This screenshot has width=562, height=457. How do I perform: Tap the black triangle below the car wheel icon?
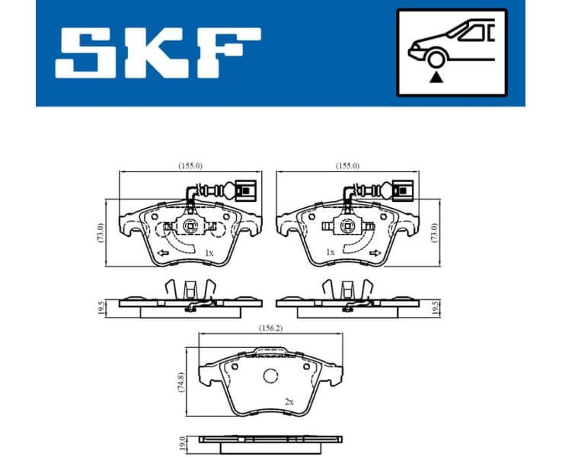point(436,77)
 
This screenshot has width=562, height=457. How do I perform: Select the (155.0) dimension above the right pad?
point(346,165)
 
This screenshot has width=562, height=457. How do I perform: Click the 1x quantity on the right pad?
point(329,251)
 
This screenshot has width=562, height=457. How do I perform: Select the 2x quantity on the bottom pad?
point(290,401)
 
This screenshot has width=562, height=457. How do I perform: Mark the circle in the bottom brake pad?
point(270,376)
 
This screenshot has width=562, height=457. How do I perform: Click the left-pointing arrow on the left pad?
point(161,254)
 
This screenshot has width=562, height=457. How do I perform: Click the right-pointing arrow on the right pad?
point(374,254)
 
